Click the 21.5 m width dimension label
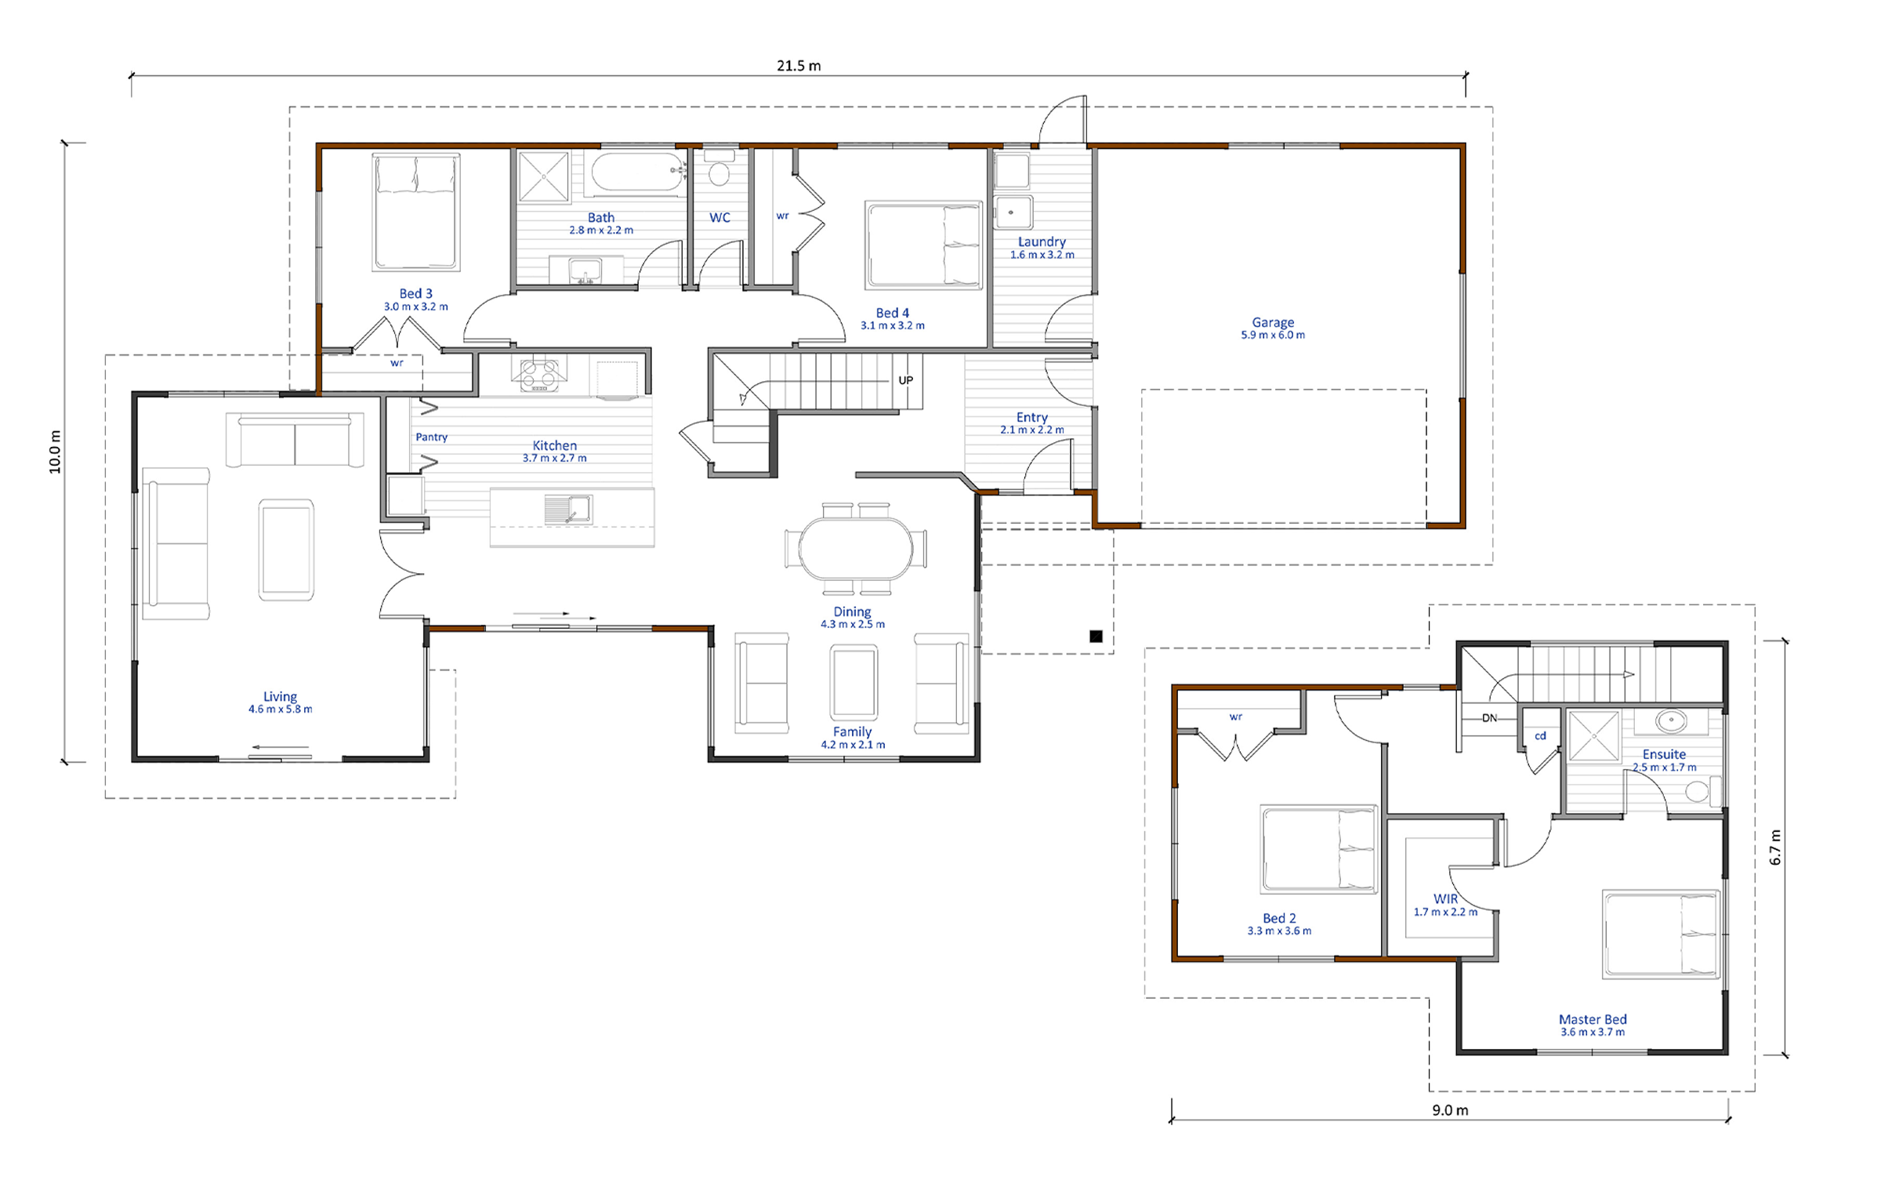click(x=799, y=66)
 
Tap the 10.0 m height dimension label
click(x=55, y=452)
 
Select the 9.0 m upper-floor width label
click(x=1450, y=1110)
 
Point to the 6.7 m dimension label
click(x=1775, y=848)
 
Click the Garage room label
click(x=1273, y=322)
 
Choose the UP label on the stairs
click(x=905, y=380)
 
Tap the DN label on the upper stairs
click(x=1489, y=717)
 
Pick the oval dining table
click(x=856, y=548)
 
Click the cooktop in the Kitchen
click(x=539, y=375)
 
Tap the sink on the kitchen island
click(x=568, y=510)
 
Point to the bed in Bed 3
click(x=415, y=212)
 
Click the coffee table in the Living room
click(x=286, y=550)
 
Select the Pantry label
click(x=431, y=437)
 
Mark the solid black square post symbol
click(x=1096, y=636)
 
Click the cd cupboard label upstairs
click(x=1540, y=735)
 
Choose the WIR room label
click(x=1445, y=898)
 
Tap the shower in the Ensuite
click(x=1593, y=736)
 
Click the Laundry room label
click(x=1042, y=241)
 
